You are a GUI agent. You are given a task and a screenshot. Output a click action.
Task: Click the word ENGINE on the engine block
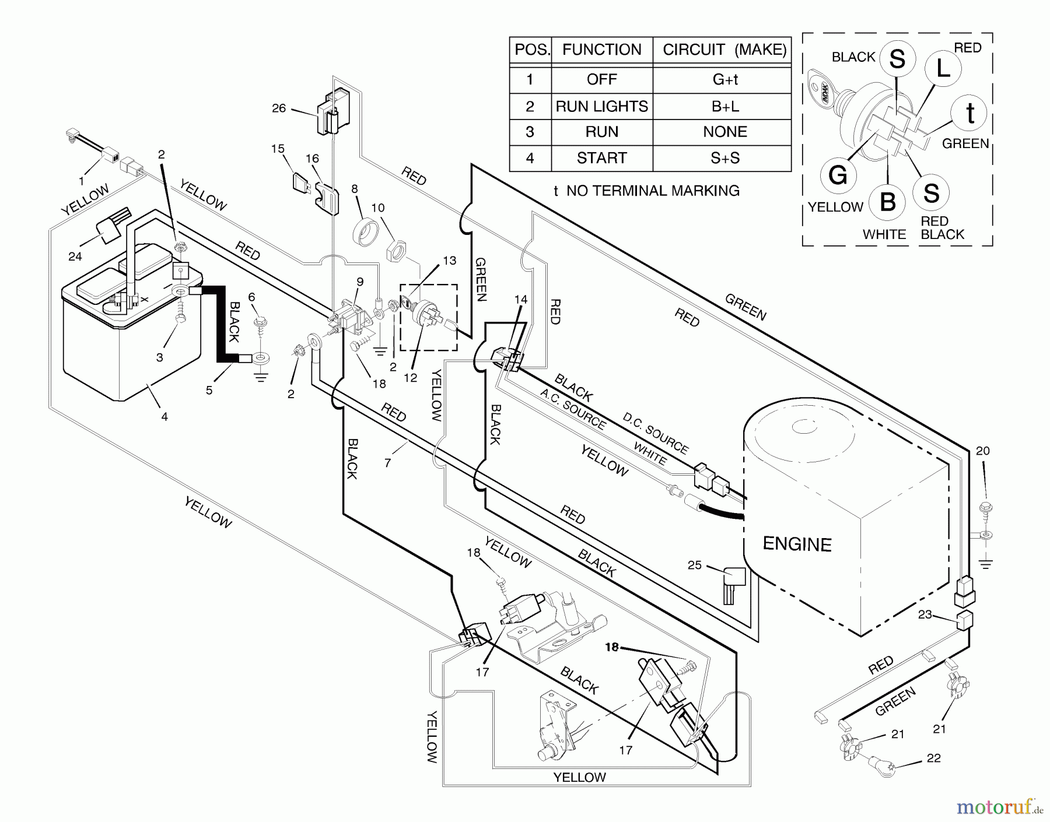click(797, 544)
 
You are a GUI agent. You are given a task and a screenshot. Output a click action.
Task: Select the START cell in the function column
click(601, 158)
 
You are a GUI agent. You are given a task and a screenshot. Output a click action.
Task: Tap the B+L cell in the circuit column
click(725, 106)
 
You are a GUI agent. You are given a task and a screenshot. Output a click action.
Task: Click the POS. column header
click(531, 50)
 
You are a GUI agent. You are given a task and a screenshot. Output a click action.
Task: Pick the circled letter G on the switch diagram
click(838, 174)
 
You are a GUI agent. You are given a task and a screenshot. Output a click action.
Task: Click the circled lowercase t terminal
click(970, 113)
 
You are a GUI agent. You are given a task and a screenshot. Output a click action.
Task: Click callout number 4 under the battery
click(164, 416)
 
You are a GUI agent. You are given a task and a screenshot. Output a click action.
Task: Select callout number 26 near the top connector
click(279, 108)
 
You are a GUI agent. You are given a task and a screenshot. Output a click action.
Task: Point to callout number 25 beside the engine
click(694, 565)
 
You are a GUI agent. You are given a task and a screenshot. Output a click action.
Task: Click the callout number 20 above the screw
click(983, 451)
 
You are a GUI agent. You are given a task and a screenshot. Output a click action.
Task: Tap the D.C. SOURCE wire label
click(656, 434)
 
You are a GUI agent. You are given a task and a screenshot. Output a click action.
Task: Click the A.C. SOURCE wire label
click(573, 409)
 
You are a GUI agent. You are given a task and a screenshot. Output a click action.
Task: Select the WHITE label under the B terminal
click(884, 234)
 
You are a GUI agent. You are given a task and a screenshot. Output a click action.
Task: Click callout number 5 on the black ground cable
click(209, 390)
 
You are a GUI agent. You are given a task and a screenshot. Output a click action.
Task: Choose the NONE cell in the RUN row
click(725, 132)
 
